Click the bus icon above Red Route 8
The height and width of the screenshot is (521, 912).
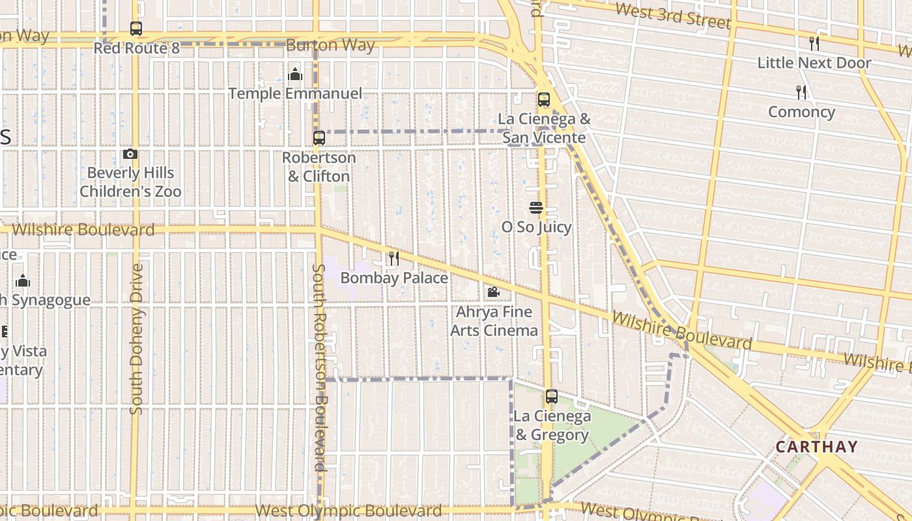135,29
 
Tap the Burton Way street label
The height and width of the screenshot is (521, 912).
330,45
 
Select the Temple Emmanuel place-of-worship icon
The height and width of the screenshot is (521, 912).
295,74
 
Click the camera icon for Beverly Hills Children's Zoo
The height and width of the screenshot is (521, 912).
130,154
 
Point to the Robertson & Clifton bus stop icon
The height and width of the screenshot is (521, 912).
319,138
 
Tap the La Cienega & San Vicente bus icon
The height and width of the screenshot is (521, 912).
544,100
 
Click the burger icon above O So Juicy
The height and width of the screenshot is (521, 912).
536,208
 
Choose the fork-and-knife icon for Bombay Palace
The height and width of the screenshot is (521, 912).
394,259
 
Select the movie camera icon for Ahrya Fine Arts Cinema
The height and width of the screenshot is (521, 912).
493,292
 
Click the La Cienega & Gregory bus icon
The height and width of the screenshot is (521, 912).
552,397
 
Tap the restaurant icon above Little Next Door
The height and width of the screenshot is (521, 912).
814,44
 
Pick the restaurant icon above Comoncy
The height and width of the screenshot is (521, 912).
801,92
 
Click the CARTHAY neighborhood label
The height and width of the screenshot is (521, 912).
816,447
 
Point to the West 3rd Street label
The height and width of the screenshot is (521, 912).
672,16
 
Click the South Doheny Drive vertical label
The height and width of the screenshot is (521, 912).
135,339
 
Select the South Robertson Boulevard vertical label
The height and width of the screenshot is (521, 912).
319,367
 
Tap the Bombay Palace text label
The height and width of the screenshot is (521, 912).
394,278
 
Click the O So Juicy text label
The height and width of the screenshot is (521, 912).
536,227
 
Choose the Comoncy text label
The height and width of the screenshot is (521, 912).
801,112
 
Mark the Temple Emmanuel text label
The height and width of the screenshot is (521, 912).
295,93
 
